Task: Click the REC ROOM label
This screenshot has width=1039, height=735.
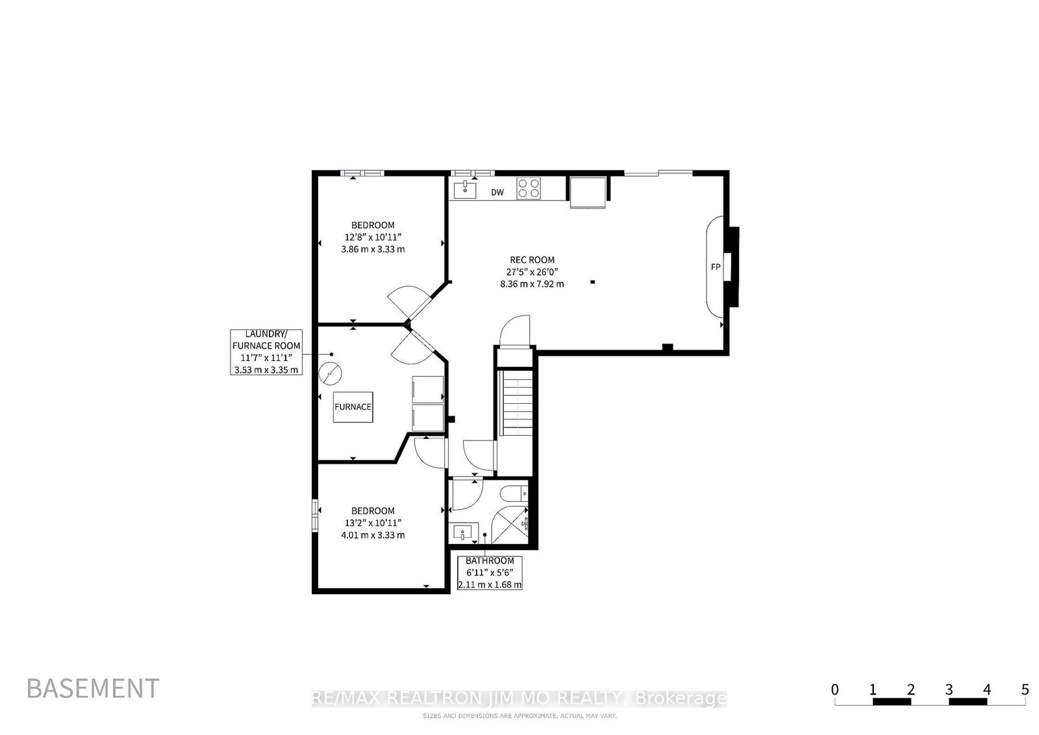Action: (532, 260)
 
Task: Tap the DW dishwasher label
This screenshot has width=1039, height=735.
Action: (497, 192)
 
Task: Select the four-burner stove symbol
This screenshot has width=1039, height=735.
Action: (529, 189)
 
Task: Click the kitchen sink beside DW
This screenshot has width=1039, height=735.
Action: (465, 190)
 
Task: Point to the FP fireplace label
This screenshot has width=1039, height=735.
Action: (716, 267)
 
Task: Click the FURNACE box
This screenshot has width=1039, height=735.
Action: (353, 407)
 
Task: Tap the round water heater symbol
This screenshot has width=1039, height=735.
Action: (331, 373)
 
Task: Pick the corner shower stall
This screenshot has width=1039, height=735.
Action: (510, 525)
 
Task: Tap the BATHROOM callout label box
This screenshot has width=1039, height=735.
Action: (490, 573)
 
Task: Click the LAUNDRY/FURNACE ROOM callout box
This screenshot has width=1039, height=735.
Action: (266, 352)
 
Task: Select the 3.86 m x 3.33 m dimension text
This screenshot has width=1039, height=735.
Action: (373, 249)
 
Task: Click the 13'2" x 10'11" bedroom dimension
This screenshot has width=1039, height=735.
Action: (373, 523)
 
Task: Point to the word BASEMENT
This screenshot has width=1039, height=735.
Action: (94, 688)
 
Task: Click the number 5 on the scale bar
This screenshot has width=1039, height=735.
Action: (1025, 690)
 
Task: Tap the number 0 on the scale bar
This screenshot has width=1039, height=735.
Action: (835, 690)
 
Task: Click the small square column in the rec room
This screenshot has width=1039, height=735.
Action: (592, 282)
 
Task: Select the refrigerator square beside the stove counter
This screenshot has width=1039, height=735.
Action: (588, 192)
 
